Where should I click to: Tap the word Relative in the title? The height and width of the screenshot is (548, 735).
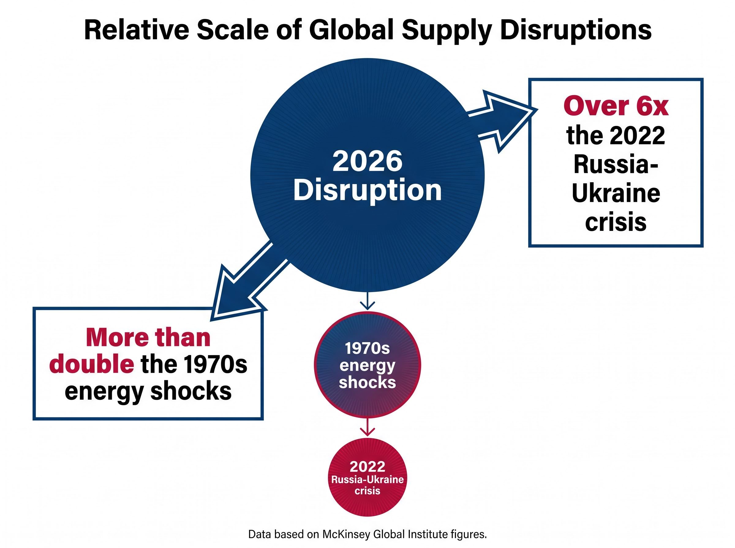[x=137, y=30]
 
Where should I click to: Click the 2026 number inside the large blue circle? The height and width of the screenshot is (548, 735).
[x=367, y=161]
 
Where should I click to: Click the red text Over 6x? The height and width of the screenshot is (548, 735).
[x=616, y=106]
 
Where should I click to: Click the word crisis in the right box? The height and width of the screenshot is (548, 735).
[x=616, y=222]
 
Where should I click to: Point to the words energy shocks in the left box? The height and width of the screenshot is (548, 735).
[x=148, y=391]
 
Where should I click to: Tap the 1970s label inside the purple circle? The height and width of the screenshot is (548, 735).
[x=367, y=348]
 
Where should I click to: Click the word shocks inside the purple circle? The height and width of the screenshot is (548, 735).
[x=367, y=383]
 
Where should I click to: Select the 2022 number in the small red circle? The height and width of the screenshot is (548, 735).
[x=367, y=467]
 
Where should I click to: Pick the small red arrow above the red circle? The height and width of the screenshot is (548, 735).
[x=367, y=427]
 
